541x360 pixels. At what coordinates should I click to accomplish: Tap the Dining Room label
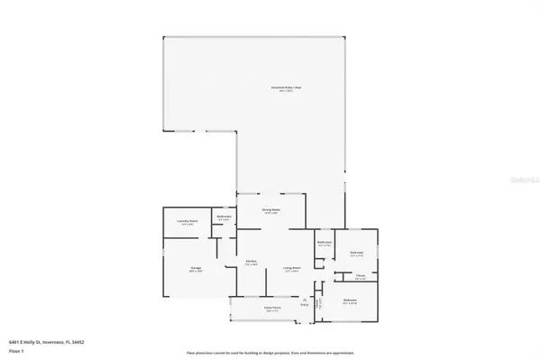tap(271, 211)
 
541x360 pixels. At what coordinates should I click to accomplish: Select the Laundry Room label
tap(187, 223)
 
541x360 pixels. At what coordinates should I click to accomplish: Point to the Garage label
tap(196, 268)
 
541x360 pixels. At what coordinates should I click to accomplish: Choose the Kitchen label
tap(252, 263)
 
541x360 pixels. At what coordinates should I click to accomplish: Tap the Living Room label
tap(291, 268)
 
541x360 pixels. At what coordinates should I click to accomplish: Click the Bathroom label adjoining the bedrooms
tap(325, 244)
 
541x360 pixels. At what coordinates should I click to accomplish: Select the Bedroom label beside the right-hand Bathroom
tap(356, 254)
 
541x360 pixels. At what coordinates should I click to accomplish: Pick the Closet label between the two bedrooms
tap(360, 277)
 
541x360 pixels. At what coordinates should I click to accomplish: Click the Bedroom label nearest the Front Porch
tap(349, 300)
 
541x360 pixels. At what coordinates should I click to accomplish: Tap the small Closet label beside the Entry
tap(318, 303)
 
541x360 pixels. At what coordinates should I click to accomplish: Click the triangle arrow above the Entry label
tap(306, 300)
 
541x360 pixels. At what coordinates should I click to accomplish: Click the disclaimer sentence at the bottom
tap(270, 352)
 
